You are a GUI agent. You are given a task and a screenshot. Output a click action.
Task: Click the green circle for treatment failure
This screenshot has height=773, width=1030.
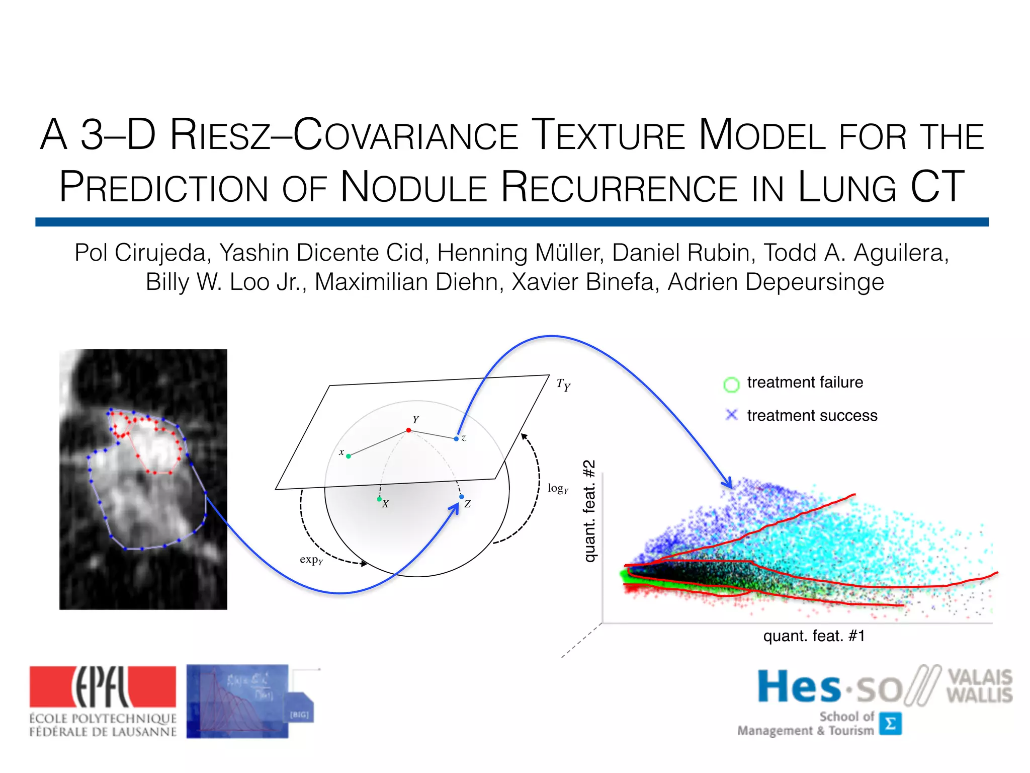pos(731,384)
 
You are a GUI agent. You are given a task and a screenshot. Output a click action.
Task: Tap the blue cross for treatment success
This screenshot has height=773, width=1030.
pos(731,415)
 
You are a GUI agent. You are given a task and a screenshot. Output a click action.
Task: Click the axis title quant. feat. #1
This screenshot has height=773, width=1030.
pos(813,636)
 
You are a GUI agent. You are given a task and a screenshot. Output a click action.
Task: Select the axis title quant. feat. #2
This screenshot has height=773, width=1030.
pos(589,511)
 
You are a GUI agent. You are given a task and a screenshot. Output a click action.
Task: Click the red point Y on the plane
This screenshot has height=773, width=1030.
pos(408,430)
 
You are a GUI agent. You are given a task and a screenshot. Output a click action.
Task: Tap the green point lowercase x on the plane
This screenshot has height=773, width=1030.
pos(349,456)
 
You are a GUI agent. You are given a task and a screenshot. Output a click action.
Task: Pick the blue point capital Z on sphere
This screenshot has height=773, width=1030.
pos(461,497)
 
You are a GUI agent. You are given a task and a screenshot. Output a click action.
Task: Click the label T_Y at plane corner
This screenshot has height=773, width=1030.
pos(563,385)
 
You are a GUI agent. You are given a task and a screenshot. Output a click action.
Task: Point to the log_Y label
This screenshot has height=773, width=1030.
pos(558,488)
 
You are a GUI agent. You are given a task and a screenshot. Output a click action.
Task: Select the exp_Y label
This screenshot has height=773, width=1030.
pos(311,560)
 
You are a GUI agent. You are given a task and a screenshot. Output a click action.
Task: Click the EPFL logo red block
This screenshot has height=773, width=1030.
pos(103,686)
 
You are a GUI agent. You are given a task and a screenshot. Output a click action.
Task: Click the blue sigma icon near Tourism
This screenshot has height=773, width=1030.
pos(890,724)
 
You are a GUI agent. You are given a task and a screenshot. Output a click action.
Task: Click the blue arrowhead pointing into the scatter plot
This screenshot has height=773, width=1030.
pos(728,483)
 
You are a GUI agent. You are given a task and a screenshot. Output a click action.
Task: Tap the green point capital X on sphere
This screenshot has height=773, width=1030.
pos(379,499)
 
